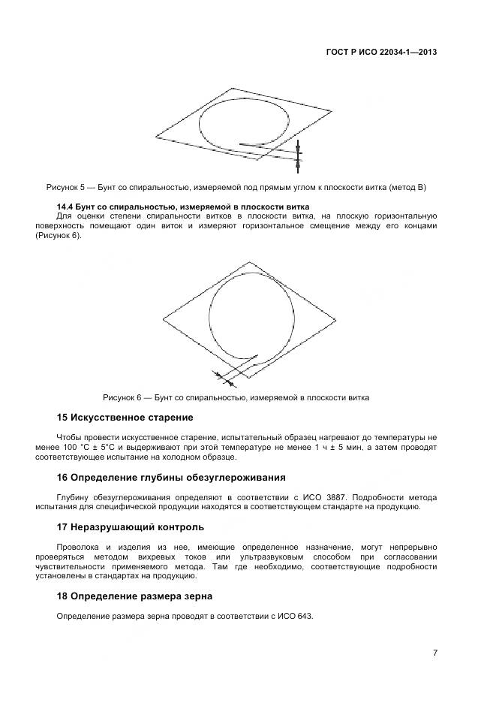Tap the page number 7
point(434,653)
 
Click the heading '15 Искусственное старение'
point(125,417)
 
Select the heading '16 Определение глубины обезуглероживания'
point(172,477)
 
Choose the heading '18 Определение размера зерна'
point(135,596)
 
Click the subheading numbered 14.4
point(183,207)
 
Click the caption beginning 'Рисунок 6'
point(236,397)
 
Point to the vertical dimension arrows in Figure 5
point(298,152)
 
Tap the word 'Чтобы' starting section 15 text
point(70,436)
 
